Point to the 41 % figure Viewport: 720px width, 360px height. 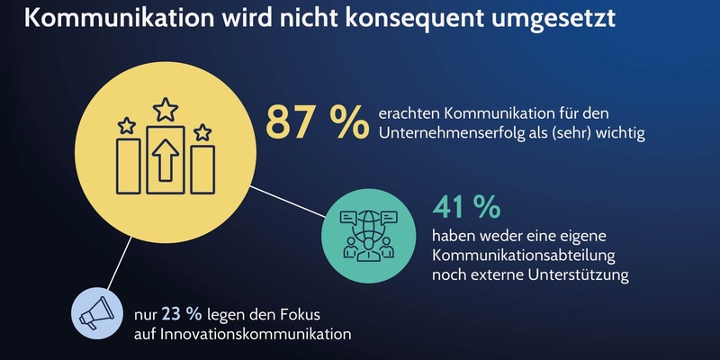[465, 207]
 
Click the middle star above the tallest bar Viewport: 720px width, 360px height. [166, 111]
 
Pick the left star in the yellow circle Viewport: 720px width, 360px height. [127, 123]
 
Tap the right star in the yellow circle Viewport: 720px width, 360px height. [203, 132]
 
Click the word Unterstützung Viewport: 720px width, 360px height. [577, 274]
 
